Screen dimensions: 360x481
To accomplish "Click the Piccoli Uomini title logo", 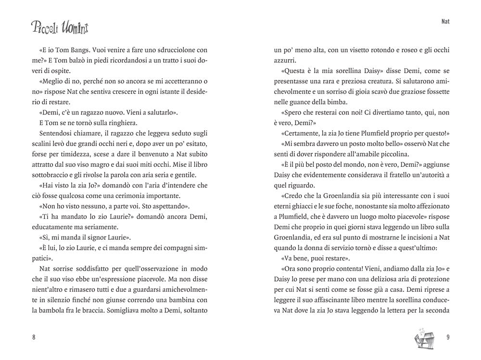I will pos(60,28).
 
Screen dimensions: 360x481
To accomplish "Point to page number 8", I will pos(34,337).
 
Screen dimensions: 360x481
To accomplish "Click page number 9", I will pos(447,337).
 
